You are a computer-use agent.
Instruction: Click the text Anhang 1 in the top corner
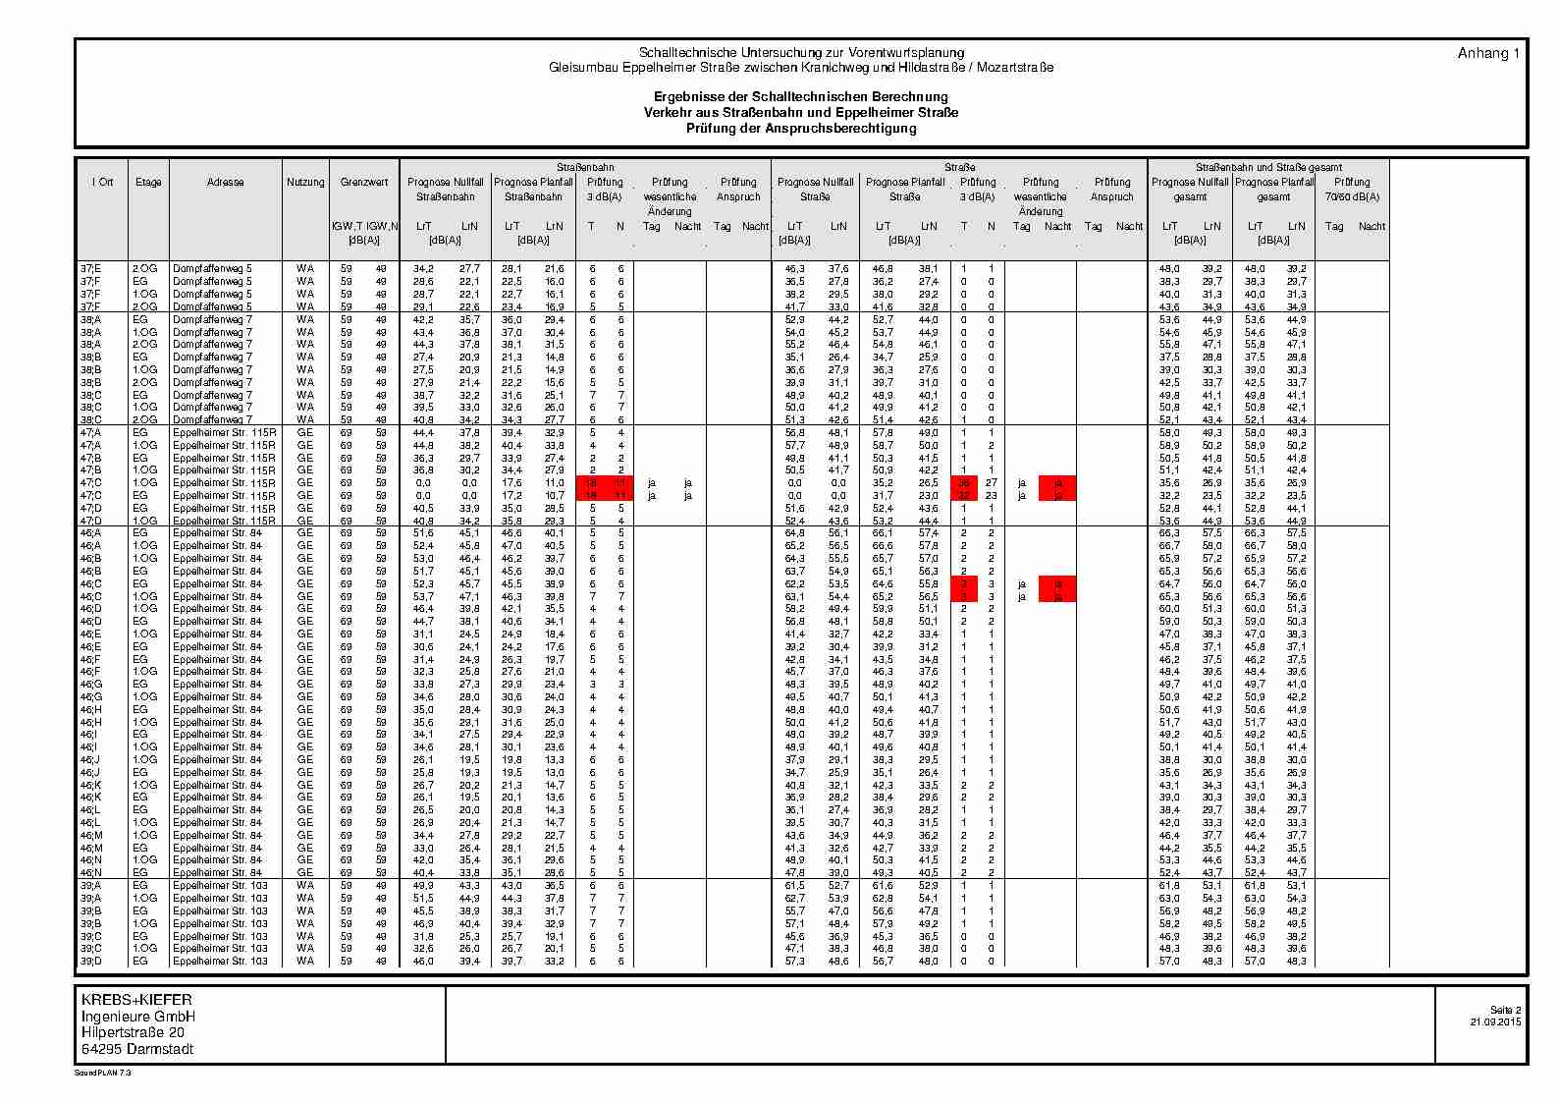pos(1488,54)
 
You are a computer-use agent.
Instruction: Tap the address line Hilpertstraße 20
pos(132,1032)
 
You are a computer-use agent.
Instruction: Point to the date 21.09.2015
pos(1495,1022)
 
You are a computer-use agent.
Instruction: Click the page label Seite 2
pos(1505,1011)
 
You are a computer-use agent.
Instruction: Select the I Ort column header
pos(102,182)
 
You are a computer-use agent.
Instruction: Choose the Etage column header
pos(148,182)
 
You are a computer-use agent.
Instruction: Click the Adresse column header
pos(226,182)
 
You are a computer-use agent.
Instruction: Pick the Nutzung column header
pos(305,182)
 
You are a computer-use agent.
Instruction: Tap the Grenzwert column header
pos(364,182)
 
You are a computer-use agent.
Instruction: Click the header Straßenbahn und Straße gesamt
pos(1268,167)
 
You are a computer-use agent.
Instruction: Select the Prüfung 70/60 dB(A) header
pos(1352,189)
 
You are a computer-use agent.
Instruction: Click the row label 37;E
pos(90,268)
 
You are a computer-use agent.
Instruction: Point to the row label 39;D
pos(90,961)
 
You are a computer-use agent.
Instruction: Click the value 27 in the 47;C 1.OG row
pos(992,483)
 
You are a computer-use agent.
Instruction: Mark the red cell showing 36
pos(964,483)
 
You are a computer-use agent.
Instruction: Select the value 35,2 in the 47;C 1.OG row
pos(884,483)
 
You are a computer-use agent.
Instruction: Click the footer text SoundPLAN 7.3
pos(103,1074)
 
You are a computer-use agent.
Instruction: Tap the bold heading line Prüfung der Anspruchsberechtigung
pos(801,129)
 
